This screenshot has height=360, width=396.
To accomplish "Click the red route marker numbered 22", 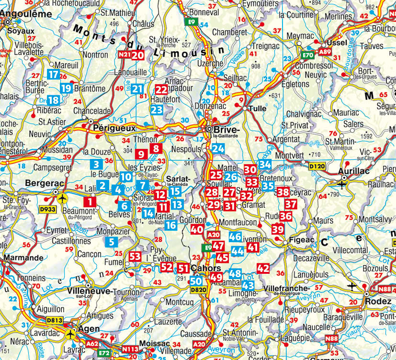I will (161, 90).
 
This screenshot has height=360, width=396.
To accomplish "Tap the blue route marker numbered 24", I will (218, 148).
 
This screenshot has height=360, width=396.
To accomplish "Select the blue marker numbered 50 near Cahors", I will (196, 281).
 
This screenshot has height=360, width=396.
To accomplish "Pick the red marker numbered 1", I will (90, 202).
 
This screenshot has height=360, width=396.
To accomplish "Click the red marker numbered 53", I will (135, 257).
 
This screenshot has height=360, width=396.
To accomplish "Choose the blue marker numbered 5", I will (111, 242).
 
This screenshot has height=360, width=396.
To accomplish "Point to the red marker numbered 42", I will (263, 269).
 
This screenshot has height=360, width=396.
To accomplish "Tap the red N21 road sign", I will (124, 55).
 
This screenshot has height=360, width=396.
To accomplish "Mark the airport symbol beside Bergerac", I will (61, 198).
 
